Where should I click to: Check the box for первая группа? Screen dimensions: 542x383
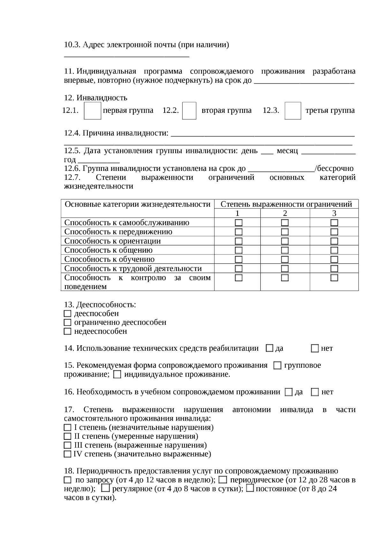92,111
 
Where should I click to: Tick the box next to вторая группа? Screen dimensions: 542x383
189,111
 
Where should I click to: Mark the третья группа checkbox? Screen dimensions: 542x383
293,111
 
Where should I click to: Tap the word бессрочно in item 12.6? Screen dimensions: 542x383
335,168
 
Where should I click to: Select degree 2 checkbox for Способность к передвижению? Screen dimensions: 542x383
285,232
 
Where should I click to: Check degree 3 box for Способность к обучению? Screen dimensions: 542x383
334,259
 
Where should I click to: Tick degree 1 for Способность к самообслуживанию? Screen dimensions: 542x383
238,223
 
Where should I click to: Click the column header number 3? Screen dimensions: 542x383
334,213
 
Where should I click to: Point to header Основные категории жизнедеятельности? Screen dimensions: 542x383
138,204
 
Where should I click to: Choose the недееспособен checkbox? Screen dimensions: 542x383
67,332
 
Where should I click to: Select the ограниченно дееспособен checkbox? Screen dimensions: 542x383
67,323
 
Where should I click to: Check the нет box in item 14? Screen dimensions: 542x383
315,348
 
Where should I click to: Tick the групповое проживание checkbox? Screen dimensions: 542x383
278,365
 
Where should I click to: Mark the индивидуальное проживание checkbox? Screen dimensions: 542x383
117,374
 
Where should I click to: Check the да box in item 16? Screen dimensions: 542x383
289,392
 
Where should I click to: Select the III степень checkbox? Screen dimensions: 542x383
67,445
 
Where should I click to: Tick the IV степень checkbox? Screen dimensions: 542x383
67,454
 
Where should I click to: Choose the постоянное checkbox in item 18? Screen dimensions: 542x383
251,488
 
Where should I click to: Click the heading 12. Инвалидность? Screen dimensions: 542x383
95,98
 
